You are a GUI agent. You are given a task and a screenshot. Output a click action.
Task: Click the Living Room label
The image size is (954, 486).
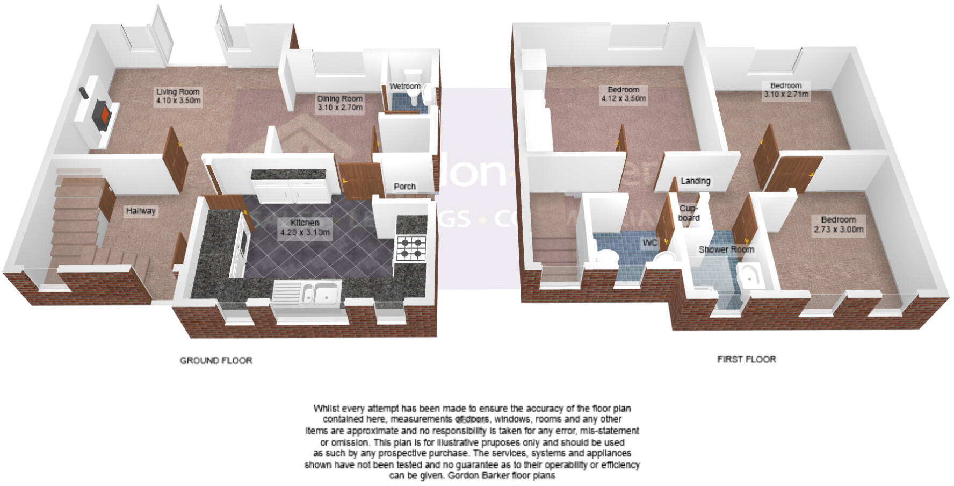tap(178, 96)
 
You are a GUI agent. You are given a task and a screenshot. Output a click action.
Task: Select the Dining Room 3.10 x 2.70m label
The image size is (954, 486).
tap(339, 103)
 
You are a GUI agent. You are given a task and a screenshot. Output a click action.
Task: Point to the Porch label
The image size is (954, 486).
tap(404, 187)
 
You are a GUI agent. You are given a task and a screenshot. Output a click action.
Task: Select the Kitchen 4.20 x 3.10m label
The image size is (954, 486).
tap(305, 228)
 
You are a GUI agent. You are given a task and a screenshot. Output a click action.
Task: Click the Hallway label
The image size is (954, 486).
tap(141, 211)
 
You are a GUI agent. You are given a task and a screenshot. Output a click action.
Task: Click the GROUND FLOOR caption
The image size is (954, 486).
tap(216, 360)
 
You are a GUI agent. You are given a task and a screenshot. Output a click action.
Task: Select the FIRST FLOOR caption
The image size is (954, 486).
tap(746, 359)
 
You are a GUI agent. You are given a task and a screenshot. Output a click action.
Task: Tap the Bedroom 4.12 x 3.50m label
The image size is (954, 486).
tap(623, 94)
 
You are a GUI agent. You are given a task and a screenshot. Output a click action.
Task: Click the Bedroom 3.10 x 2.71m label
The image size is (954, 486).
tap(786, 90)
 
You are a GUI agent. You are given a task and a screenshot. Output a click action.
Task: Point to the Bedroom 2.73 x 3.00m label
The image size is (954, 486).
tap(838, 224)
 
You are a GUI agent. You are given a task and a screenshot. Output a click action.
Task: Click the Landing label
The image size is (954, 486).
tap(695, 181)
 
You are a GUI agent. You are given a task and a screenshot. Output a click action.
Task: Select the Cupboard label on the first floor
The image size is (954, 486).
tap(689, 213)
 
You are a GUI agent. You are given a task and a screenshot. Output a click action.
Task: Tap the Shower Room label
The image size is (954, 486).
tap(726, 249)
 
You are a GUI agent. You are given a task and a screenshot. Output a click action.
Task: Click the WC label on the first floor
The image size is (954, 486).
tap(650, 243)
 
